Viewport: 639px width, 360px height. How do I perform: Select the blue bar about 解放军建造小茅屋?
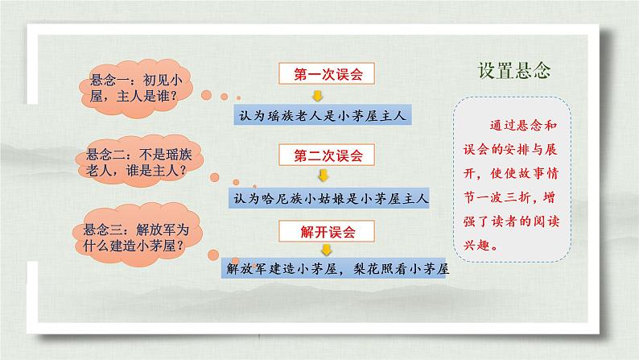coord(336,271)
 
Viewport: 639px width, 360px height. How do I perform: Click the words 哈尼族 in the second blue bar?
coord(282,195)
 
